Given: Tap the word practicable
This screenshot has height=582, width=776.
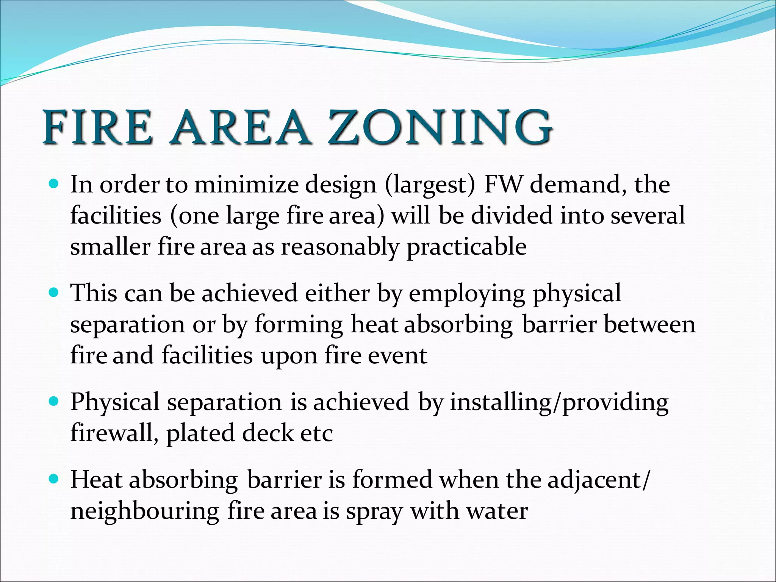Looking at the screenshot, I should click(466, 247).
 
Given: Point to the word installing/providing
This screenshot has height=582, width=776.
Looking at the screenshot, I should click(559, 402).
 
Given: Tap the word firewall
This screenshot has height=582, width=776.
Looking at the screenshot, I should click(114, 433).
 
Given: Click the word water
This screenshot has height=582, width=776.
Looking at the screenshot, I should click(497, 511).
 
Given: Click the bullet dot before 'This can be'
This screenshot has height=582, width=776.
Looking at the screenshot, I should click(55, 293).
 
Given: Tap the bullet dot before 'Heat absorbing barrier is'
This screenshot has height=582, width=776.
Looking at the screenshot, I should click(55, 480).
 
